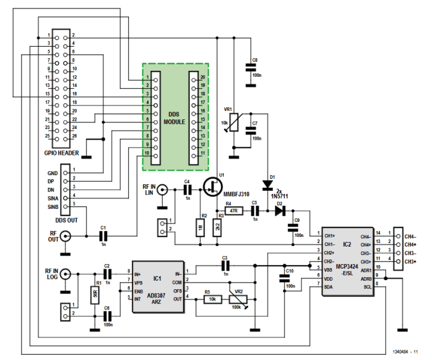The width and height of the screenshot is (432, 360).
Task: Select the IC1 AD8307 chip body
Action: pyautogui.click(x=157, y=287)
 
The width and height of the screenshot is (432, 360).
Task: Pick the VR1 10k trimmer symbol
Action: pyautogui.click(x=235, y=123)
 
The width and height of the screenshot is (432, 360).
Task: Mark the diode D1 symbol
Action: pyautogui.click(x=266, y=184)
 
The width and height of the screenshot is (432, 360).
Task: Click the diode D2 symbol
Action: pyautogui.click(x=279, y=211)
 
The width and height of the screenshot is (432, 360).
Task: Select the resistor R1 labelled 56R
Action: pyautogui.click(x=94, y=295)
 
